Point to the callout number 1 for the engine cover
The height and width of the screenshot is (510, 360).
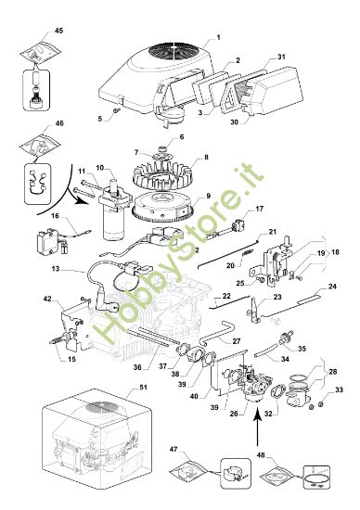217,38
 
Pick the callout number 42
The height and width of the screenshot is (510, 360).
47,299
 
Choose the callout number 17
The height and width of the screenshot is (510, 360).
260,209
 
